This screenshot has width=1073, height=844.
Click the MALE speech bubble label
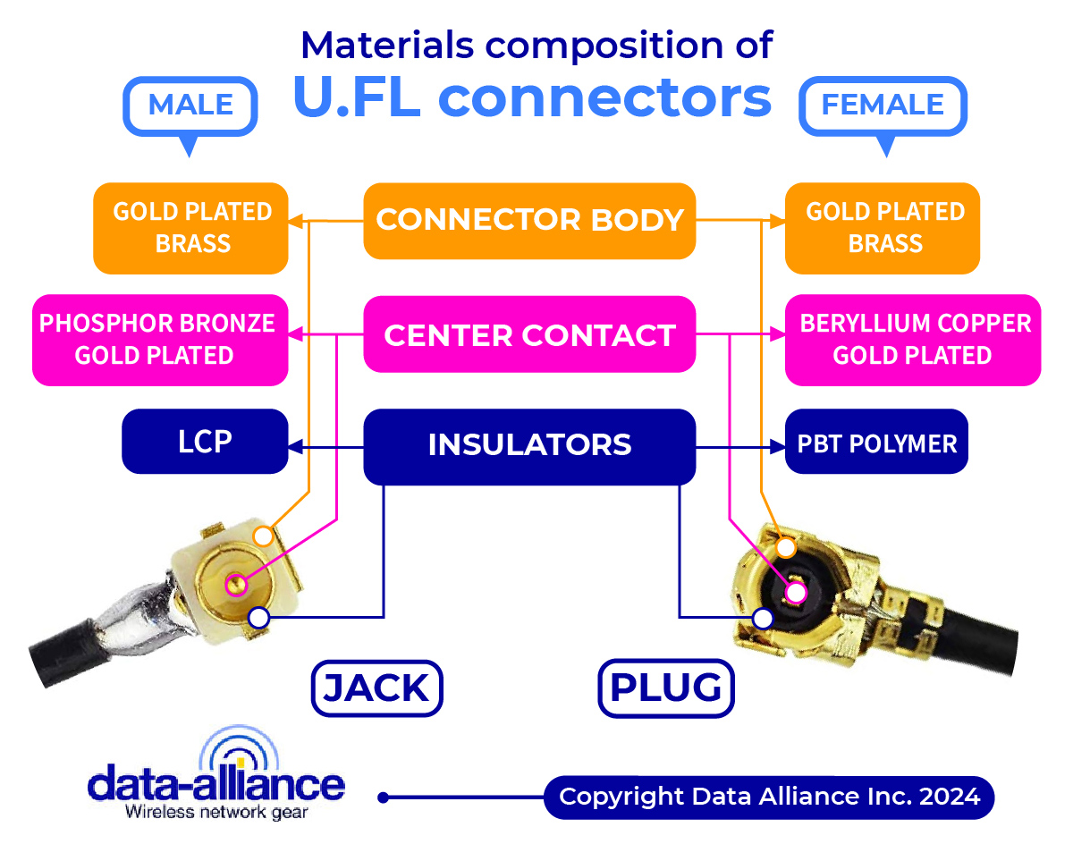pos(190,105)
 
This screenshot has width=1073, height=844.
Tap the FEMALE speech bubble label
pos(883,105)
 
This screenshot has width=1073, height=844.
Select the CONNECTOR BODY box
pos(529,220)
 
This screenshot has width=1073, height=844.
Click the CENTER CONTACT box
pos(529,335)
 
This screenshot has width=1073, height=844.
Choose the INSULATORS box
pos(529,445)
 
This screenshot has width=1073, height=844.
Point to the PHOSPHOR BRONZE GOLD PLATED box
pos(159,340)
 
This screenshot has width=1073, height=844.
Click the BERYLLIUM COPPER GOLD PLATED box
pos(912,340)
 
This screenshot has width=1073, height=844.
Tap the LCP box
pos(205,442)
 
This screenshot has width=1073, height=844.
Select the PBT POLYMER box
pos(876,442)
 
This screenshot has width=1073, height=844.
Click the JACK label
pos(376,688)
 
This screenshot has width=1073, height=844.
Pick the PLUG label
pos(665,688)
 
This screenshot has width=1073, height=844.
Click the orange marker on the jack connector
pos(263,536)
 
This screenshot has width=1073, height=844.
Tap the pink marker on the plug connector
pos(795,592)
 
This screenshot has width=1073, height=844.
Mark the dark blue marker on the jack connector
pos(258,617)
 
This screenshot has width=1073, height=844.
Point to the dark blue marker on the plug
pos(763,618)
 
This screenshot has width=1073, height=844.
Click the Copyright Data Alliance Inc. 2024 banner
pos(769,797)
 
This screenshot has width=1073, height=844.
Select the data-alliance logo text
pos(215,784)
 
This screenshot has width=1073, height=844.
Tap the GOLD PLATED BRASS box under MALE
pos(191,228)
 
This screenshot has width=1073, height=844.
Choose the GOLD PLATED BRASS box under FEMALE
pos(883,228)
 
